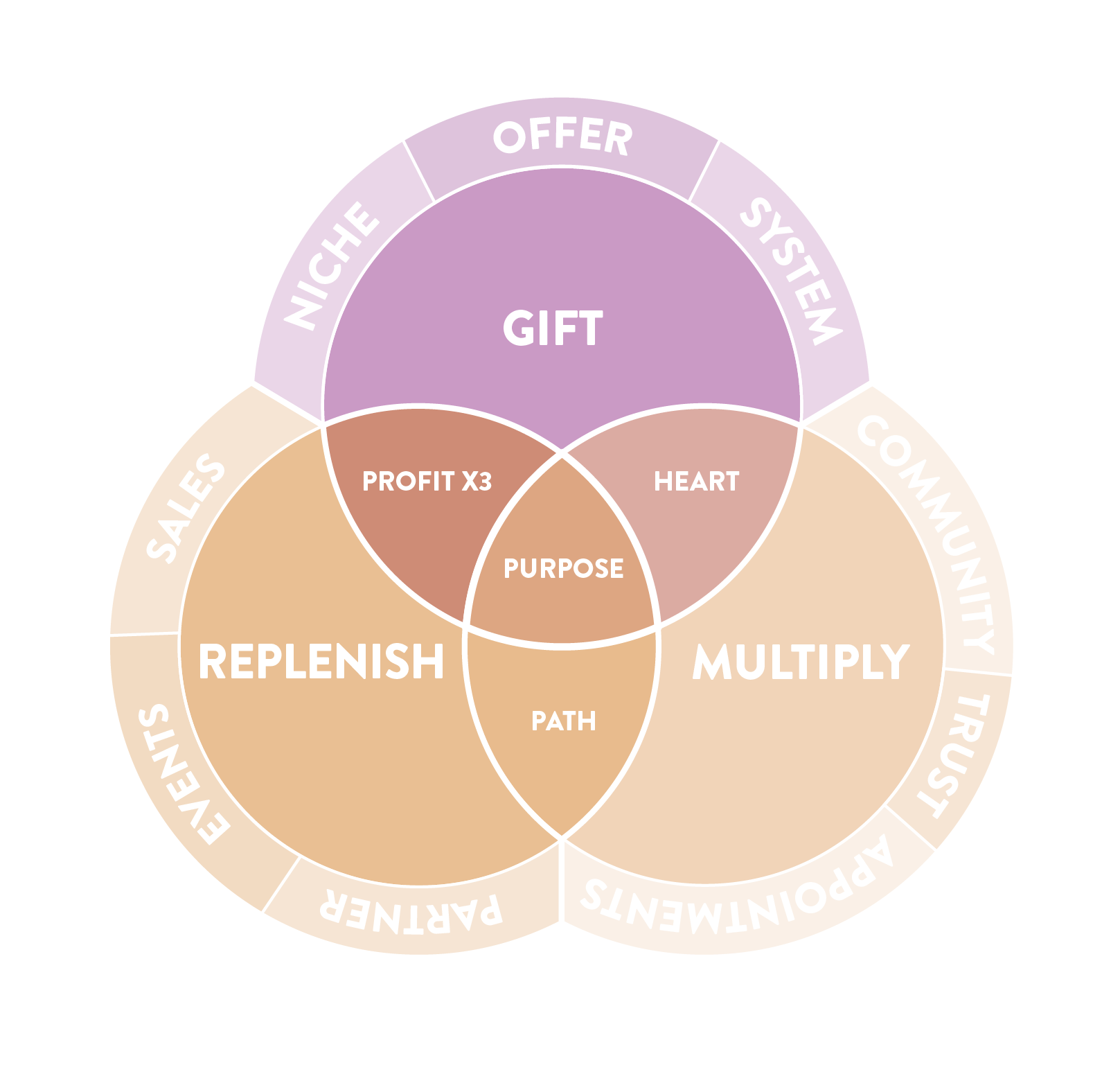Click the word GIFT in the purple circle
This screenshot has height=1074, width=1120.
[553, 328]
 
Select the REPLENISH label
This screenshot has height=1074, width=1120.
[321, 661]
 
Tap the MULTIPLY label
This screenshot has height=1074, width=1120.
[801, 662]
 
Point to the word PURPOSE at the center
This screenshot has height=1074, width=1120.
[563, 568]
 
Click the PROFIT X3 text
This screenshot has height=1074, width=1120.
[427, 481]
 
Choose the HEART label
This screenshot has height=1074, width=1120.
[697, 481]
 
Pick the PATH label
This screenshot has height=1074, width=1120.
[563, 721]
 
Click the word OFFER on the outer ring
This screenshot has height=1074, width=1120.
[562, 137]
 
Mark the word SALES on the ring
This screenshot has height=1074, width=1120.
[186, 507]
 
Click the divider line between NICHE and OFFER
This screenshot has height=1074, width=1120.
[419, 172]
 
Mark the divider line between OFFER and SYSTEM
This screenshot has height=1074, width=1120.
[704, 172]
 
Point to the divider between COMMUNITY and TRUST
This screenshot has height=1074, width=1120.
[977, 672]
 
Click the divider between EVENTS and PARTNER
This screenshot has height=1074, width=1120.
[281, 884]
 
